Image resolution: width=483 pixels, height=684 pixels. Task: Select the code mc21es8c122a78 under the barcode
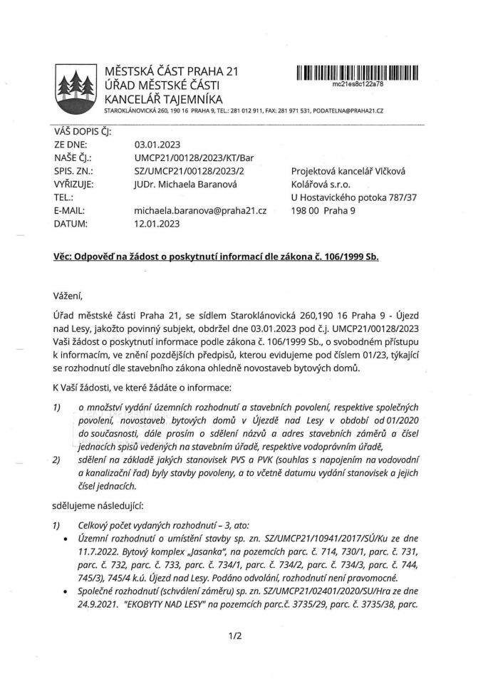point(358,83)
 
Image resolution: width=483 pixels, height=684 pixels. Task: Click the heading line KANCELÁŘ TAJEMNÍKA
point(163,98)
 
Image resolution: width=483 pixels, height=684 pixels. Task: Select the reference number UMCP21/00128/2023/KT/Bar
point(194,158)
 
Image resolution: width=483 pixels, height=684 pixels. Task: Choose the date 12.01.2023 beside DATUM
point(158,223)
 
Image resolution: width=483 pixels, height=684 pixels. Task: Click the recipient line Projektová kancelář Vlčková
point(348,171)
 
